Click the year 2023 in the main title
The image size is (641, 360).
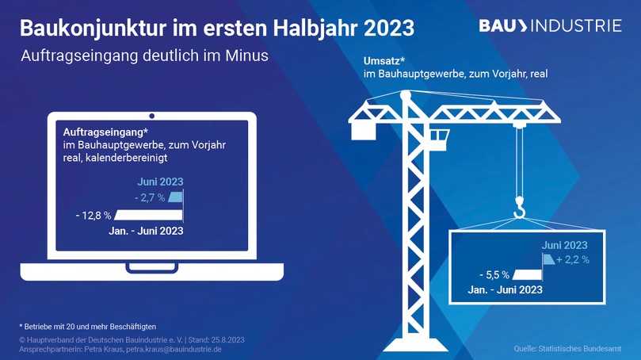(x=389, y=28)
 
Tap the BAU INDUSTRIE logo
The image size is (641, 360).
(x=550, y=26)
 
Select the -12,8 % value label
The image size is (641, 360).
(x=93, y=215)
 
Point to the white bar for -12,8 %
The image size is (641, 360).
(x=148, y=215)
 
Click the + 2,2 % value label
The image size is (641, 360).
(x=572, y=259)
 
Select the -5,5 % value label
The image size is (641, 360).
(x=494, y=275)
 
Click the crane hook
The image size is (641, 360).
(x=519, y=209)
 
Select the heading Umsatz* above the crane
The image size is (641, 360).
(x=383, y=60)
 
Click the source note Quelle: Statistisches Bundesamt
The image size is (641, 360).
(x=567, y=349)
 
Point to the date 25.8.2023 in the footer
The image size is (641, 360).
(x=226, y=339)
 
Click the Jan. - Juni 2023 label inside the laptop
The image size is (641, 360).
(x=146, y=231)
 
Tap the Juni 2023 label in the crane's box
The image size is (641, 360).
(x=564, y=245)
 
